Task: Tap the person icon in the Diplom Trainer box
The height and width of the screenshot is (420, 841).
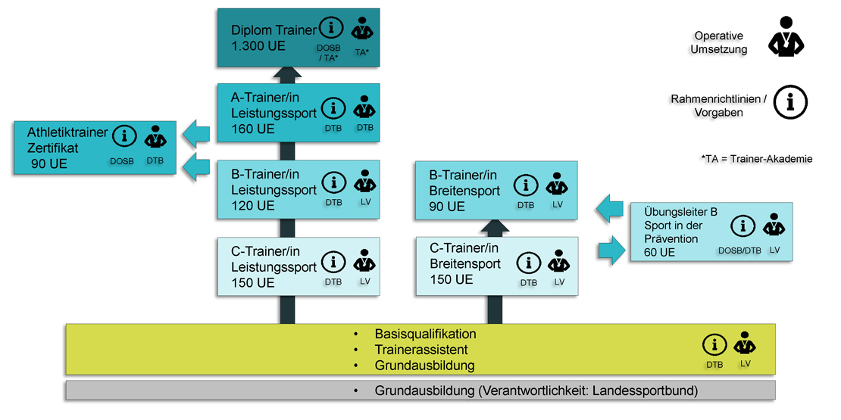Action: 362,30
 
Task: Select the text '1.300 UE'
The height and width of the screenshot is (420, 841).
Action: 258,45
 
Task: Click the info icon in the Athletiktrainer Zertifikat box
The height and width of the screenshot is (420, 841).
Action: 124,136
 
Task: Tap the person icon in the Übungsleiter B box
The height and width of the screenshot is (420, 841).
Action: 774,226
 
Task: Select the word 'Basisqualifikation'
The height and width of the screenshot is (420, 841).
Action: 425,334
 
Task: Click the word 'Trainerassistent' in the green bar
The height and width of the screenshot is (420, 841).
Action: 421,350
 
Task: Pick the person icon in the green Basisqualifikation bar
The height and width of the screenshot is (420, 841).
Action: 746,344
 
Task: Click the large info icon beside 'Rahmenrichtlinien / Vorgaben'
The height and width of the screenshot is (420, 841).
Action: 791,101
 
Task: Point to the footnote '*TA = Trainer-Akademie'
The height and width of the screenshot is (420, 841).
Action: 757,159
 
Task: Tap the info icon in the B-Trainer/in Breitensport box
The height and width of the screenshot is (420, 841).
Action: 527,185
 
